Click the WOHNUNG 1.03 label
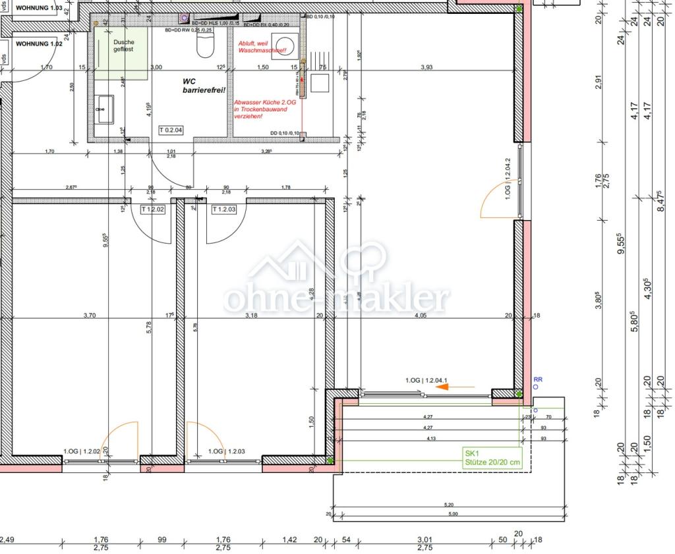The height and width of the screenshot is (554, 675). pyautogui.click(x=39, y=9)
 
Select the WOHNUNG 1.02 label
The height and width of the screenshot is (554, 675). pyautogui.click(x=39, y=43)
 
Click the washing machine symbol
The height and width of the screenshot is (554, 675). pyautogui.click(x=284, y=45)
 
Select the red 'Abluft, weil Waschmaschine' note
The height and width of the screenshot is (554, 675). pyautogui.click(x=262, y=45)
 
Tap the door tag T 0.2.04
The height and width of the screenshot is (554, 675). pyautogui.click(x=171, y=130)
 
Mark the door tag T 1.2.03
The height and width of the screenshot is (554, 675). pyautogui.click(x=224, y=209)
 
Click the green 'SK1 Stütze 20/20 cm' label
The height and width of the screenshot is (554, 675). pyautogui.click(x=492, y=458)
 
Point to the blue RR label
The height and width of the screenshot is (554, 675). pyautogui.click(x=537, y=380)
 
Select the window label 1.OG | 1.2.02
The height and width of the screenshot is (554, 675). pyautogui.click(x=81, y=451)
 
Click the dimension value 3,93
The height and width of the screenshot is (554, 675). pyautogui.click(x=426, y=67)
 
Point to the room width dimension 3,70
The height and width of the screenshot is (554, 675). pyautogui.click(x=90, y=316)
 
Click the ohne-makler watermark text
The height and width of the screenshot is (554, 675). pyautogui.click(x=337, y=298)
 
